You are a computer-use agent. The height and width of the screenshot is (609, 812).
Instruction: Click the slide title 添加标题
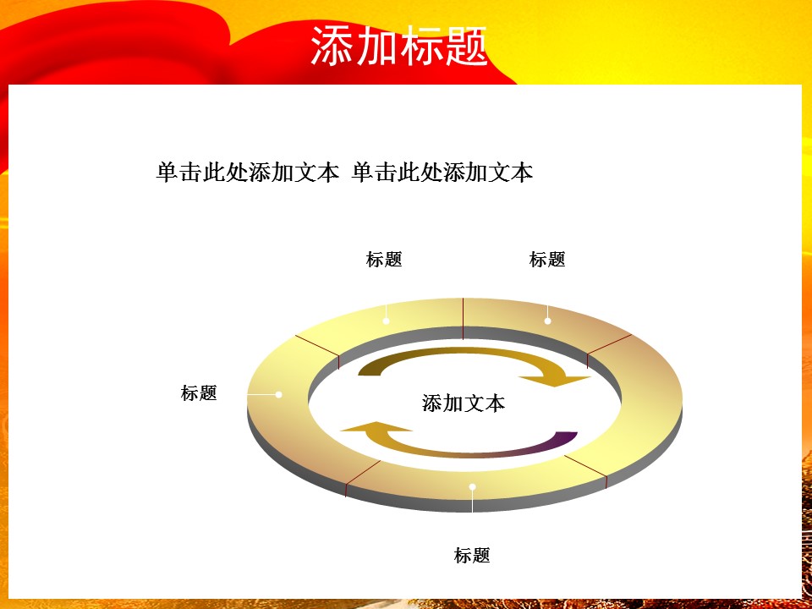click(x=398, y=46)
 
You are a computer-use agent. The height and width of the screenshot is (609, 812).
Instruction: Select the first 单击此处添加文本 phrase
click(x=247, y=173)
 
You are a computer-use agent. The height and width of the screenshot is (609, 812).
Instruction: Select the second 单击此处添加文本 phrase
click(x=442, y=173)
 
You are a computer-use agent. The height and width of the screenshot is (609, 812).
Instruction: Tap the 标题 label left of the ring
click(x=199, y=392)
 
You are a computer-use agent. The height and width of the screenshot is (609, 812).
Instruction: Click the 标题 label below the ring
click(x=472, y=556)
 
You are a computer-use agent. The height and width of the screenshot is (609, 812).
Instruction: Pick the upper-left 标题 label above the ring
click(x=384, y=260)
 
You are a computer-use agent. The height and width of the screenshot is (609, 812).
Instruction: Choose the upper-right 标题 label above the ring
click(x=547, y=260)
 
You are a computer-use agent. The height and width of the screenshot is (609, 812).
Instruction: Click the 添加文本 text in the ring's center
click(x=464, y=403)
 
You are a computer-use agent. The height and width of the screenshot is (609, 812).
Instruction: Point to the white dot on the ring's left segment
click(x=279, y=394)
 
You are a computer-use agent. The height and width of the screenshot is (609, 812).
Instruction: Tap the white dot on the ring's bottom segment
click(x=473, y=486)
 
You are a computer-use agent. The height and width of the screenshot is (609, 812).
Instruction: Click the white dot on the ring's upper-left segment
click(x=387, y=321)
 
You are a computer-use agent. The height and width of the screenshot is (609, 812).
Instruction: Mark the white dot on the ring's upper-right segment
click(x=548, y=321)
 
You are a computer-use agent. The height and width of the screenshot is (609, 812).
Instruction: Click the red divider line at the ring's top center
click(x=463, y=317)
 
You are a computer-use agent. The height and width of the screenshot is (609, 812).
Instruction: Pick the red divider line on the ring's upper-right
click(x=609, y=344)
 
